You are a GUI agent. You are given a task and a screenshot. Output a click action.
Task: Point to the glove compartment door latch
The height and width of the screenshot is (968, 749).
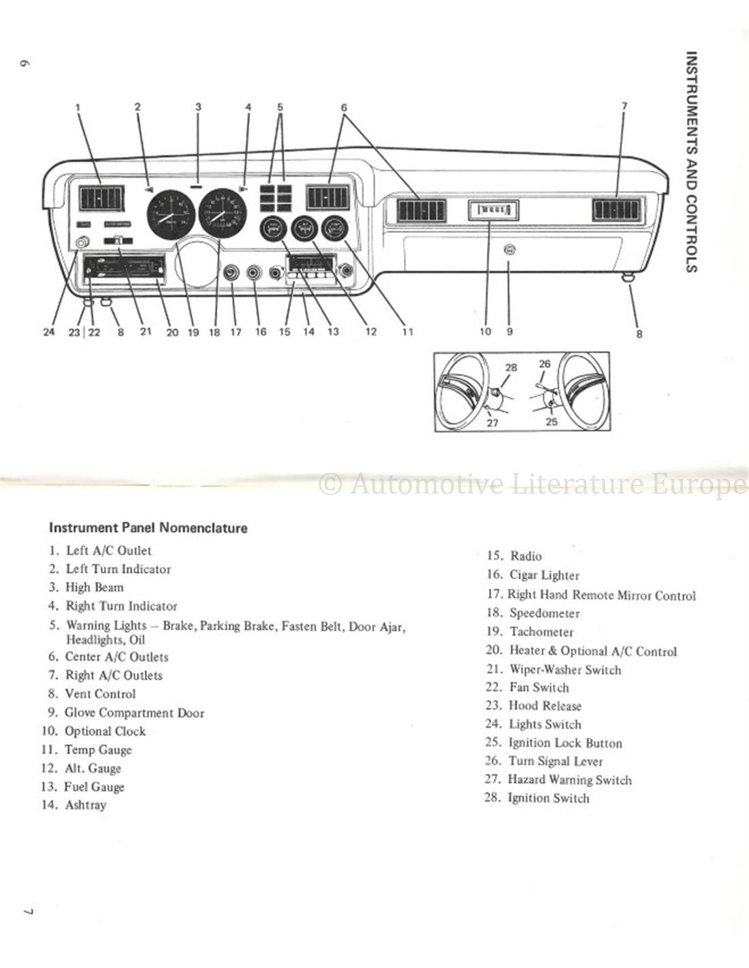(509, 251)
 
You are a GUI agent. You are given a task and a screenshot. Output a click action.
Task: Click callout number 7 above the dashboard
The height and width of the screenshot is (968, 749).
(624, 106)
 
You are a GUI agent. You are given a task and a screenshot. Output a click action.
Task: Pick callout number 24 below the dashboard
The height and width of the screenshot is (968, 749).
(48, 332)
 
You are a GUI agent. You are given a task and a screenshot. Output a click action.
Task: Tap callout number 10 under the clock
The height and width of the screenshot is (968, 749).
(485, 332)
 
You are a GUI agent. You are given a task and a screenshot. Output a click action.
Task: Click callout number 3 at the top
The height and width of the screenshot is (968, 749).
(198, 106)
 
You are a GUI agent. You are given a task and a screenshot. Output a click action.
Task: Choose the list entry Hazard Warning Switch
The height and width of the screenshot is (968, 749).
(570, 780)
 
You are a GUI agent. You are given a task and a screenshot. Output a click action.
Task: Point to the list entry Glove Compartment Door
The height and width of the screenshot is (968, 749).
(134, 713)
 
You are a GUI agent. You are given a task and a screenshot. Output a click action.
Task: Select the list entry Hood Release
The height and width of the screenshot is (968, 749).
(545, 706)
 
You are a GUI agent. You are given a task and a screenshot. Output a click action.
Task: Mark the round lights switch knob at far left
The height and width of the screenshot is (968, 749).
(84, 242)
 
